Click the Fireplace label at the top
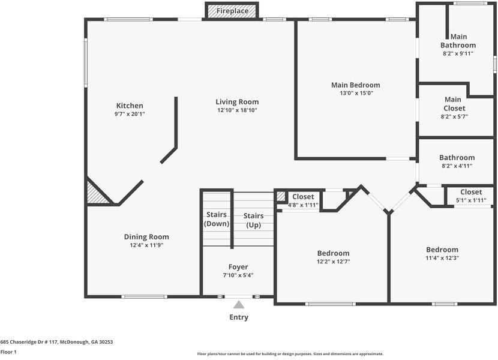click(x=232, y=11)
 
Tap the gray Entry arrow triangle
click(x=239, y=305)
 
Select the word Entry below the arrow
click(x=239, y=317)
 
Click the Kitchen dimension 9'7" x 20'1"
click(x=130, y=114)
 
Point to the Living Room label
click(x=237, y=101)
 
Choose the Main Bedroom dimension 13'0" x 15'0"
click(x=356, y=93)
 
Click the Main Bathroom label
click(x=458, y=41)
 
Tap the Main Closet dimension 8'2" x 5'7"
click(x=454, y=116)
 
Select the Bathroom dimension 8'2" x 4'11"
click(x=457, y=166)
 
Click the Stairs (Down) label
click(x=217, y=219)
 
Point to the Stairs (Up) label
click(x=253, y=221)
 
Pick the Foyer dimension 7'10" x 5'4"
click(x=238, y=275)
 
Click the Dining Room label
click(x=146, y=237)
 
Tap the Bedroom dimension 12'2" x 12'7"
click(x=334, y=262)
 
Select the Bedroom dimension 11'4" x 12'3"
click(x=442, y=258)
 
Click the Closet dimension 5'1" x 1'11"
click(x=471, y=200)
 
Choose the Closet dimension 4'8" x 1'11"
click(x=303, y=205)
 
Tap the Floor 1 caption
click(x=8, y=352)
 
